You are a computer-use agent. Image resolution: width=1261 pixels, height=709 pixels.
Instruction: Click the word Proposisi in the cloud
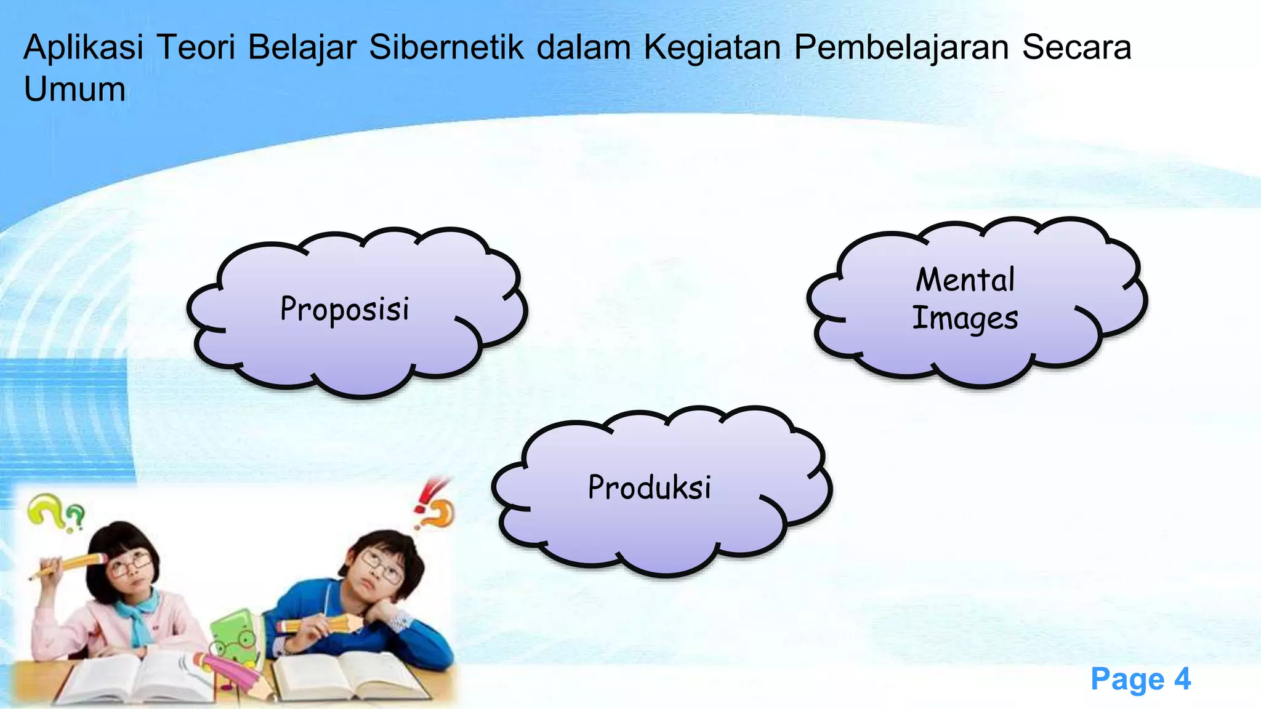click(345, 309)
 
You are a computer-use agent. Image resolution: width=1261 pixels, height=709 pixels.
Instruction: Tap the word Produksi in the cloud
click(650, 487)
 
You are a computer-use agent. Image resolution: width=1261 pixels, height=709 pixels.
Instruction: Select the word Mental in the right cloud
click(965, 280)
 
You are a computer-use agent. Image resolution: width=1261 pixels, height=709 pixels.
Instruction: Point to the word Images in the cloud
click(965, 319)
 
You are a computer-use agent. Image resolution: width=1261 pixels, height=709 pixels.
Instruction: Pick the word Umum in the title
click(75, 89)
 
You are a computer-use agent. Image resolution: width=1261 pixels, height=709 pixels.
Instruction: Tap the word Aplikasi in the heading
click(83, 48)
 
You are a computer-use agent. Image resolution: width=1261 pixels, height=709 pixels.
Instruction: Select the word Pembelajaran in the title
click(901, 48)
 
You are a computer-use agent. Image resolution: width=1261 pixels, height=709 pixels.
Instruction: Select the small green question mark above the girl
click(75, 517)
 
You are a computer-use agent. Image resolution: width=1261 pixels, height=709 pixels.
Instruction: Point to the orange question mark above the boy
click(440, 515)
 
